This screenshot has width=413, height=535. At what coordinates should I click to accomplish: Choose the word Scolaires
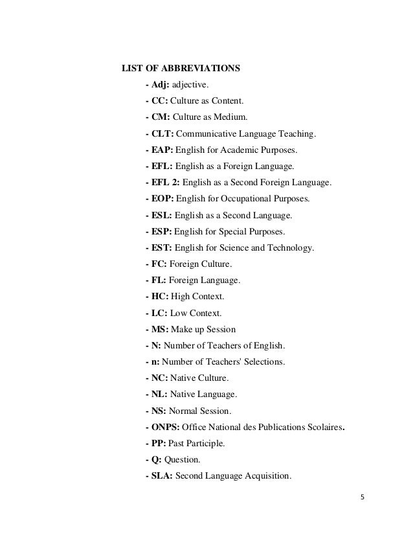point(319,427)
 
